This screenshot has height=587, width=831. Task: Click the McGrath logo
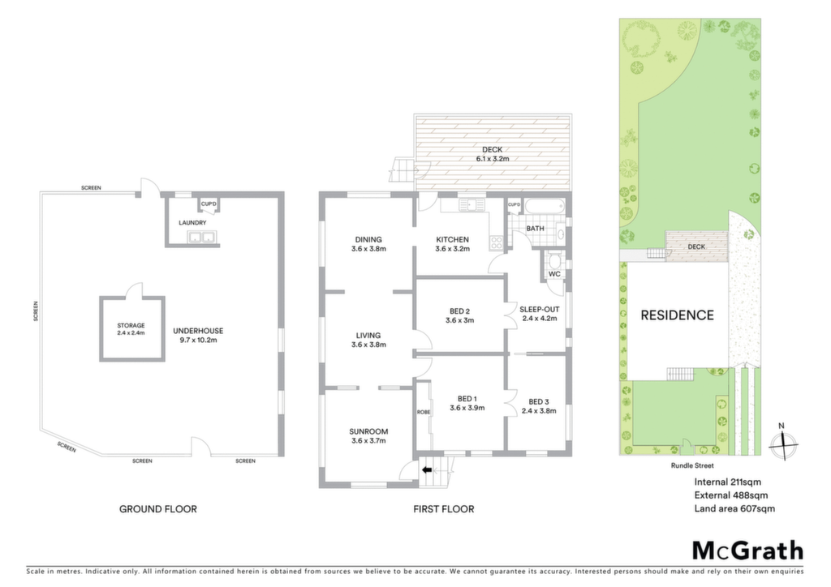(747, 551)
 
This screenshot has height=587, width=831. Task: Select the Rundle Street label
(692, 465)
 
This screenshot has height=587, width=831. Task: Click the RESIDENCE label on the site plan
(678, 315)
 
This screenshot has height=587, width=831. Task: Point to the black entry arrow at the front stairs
(427, 469)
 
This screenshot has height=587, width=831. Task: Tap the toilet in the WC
(555, 260)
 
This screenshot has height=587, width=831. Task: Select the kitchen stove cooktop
(497, 242)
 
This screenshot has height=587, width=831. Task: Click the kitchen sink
(470, 204)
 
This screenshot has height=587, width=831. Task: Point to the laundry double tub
(201, 237)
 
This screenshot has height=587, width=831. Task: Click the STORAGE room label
(131, 325)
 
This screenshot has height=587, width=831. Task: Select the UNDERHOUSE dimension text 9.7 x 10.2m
(198, 341)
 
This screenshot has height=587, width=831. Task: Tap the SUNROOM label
(368, 431)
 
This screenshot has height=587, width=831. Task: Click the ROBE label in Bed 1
(424, 412)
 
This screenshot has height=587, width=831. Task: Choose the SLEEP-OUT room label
(540, 310)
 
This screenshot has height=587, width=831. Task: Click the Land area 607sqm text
(734, 508)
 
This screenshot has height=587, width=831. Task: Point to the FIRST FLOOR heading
(444, 509)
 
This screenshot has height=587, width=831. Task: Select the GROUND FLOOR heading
(158, 509)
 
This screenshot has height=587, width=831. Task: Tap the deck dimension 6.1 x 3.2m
(493, 159)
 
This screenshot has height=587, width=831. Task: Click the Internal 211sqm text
(728, 482)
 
